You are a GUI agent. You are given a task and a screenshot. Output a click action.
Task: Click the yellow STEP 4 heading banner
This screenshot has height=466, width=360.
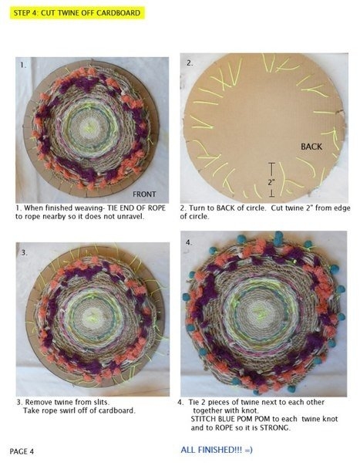77,13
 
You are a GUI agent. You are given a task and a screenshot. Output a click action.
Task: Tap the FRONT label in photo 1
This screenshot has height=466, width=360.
144,194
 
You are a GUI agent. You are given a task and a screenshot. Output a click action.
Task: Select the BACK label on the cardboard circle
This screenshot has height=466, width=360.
311,147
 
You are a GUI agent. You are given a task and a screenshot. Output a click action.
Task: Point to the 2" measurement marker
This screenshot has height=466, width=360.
271,180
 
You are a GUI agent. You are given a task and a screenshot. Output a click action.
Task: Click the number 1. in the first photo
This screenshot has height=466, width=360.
23,65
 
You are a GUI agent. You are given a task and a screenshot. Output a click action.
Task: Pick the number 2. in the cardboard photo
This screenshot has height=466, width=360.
190,62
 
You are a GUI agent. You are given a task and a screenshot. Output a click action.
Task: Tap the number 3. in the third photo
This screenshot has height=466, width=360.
25,252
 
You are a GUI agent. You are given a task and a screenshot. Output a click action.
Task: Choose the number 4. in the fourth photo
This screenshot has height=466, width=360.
189,242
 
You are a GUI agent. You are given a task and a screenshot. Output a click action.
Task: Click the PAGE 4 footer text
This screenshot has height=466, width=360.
22,451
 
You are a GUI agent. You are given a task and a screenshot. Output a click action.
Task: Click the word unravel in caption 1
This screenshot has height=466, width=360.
131,216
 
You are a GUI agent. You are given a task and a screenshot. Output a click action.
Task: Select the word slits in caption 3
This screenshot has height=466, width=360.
101,402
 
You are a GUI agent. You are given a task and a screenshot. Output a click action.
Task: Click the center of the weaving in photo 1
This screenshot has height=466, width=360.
89,127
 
